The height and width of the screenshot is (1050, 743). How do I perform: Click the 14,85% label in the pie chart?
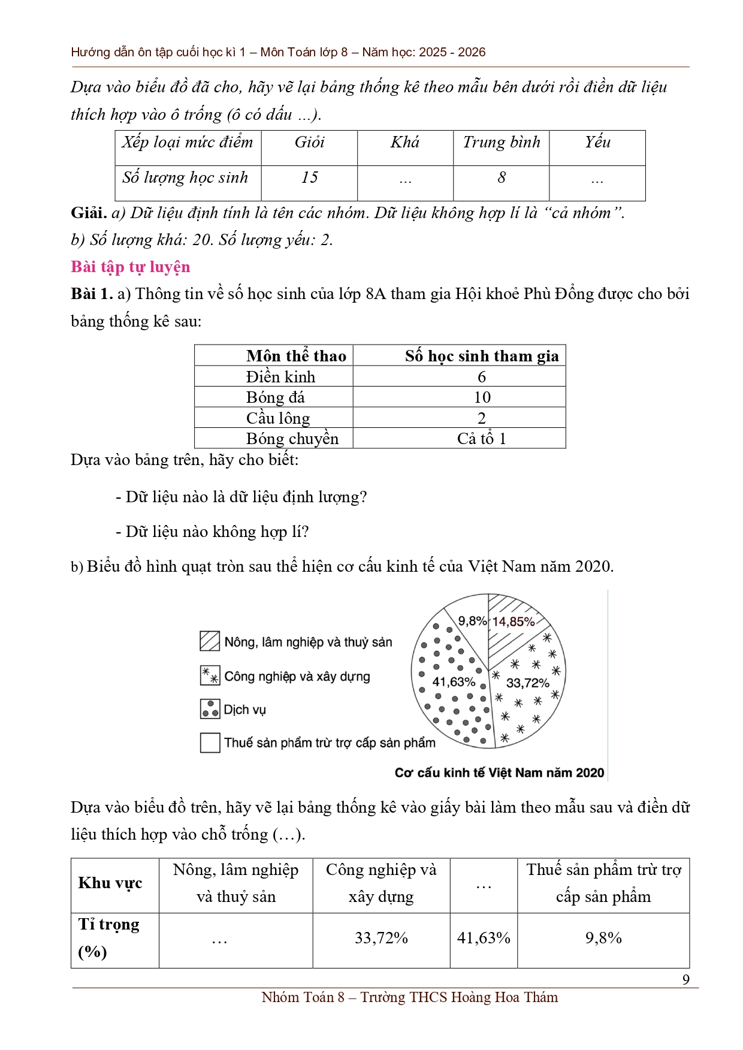[513, 621]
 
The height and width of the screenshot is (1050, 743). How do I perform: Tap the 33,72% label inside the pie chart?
[527, 683]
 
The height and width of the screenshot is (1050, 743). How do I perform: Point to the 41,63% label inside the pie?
[454, 682]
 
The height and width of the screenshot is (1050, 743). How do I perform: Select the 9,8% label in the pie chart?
[472, 621]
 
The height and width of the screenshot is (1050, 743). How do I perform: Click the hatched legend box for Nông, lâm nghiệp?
[210, 641]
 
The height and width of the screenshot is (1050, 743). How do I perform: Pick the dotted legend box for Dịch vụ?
[210, 709]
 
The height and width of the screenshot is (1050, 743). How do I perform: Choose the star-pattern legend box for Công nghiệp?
[210, 675]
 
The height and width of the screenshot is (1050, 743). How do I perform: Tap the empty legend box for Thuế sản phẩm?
[210, 743]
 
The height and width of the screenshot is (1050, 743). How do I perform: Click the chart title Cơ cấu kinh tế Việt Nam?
[499, 773]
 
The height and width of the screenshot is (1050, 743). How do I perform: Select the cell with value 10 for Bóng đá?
[482, 397]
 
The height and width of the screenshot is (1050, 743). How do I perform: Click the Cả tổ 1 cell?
[482, 439]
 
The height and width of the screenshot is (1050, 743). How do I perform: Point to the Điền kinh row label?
[280, 377]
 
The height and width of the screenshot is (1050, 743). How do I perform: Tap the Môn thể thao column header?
[296, 356]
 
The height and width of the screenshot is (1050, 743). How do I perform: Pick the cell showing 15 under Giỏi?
[309, 177]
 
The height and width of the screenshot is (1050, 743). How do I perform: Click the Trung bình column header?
[502, 142]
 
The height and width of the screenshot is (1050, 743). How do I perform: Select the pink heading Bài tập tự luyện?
[131, 267]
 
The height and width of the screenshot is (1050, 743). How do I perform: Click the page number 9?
[686, 979]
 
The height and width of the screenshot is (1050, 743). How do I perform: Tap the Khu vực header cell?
[110, 883]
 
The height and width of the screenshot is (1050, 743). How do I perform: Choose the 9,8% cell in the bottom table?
[603, 938]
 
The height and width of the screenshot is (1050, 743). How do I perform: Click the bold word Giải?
[89, 213]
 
